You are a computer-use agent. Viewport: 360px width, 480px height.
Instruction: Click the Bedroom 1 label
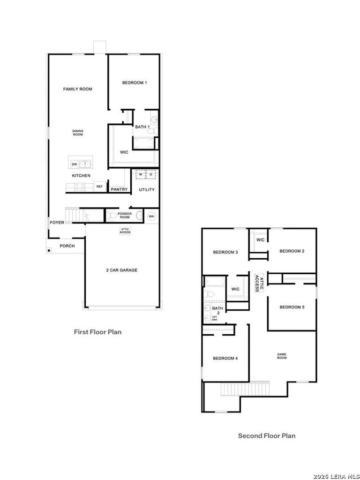click(135, 82)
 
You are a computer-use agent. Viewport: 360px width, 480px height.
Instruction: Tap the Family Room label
click(78, 89)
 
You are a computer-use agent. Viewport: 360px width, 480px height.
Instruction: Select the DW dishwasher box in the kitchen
click(74, 165)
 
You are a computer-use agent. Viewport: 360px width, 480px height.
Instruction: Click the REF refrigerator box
click(99, 186)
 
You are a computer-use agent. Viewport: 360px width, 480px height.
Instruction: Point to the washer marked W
click(141, 174)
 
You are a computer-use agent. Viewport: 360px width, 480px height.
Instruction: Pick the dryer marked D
click(151, 174)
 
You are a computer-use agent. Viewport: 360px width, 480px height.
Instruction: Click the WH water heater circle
click(151, 216)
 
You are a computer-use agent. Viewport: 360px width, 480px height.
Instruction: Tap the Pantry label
click(119, 189)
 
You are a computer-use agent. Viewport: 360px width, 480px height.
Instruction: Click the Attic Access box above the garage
click(125, 231)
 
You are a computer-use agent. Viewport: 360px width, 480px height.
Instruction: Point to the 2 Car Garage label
click(121, 270)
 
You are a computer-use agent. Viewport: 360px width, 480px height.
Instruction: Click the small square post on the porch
click(49, 251)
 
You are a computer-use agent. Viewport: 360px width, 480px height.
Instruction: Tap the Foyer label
click(57, 223)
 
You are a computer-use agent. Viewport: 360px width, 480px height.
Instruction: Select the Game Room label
click(282, 356)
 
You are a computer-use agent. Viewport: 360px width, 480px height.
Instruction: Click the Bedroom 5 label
click(292, 307)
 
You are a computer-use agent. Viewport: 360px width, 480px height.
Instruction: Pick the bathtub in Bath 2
click(215, 281)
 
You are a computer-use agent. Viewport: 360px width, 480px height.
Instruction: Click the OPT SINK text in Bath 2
click(215, 318)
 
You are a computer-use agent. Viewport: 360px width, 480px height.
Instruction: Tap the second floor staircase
click(245, 389)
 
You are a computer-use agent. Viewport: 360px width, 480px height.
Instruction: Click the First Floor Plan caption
click(97, 332)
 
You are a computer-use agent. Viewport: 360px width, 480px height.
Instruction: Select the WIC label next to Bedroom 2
click(261, 240)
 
